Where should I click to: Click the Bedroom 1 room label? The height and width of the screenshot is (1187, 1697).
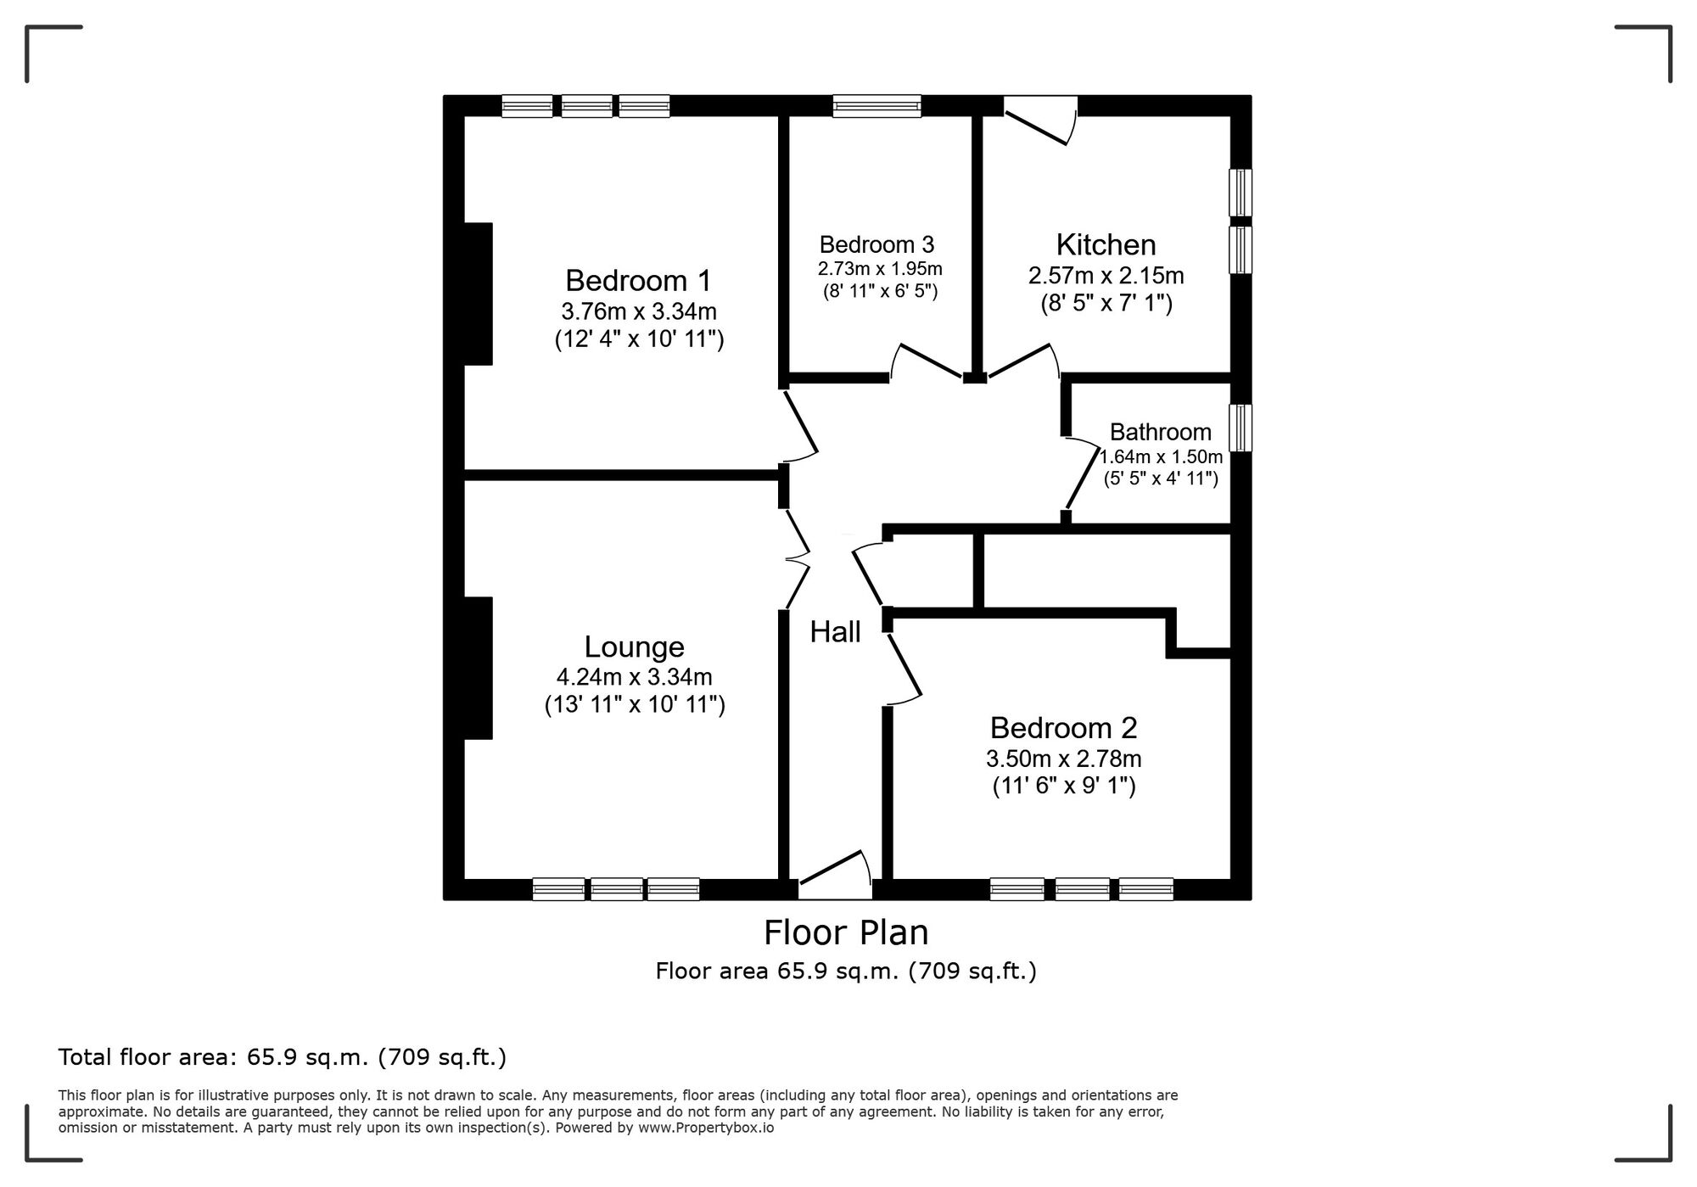[638, 281]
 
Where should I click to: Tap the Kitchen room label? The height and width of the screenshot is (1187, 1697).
[1106, 245]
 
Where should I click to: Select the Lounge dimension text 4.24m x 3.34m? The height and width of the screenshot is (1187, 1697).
[634, 677]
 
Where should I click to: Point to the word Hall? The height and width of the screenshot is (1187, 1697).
[835, 632]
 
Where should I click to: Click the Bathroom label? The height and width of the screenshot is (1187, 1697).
[1160, 432]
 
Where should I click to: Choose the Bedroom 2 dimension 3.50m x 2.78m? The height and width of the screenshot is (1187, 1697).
[1063, 759]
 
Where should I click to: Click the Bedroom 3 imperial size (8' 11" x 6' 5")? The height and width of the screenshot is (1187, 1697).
[880, 292]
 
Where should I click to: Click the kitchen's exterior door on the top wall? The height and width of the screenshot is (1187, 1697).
[1040, 120]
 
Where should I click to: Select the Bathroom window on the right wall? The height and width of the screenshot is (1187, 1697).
[1241, 427]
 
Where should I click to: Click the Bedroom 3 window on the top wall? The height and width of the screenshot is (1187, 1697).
[877, 106]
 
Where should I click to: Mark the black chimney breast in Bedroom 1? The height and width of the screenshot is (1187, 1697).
[478, 294]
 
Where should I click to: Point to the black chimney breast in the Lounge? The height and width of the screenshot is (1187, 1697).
[478, 668]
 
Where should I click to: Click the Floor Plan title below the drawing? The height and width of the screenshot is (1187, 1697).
[846, 932]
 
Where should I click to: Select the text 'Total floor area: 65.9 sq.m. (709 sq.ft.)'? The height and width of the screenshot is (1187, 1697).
[282, 1057]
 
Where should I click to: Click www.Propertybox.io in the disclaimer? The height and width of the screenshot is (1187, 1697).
[706, 1128]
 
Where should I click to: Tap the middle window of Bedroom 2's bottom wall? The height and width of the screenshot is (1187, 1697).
[1082, 888]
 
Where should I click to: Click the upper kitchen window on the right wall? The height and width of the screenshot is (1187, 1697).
[1241, 193]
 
